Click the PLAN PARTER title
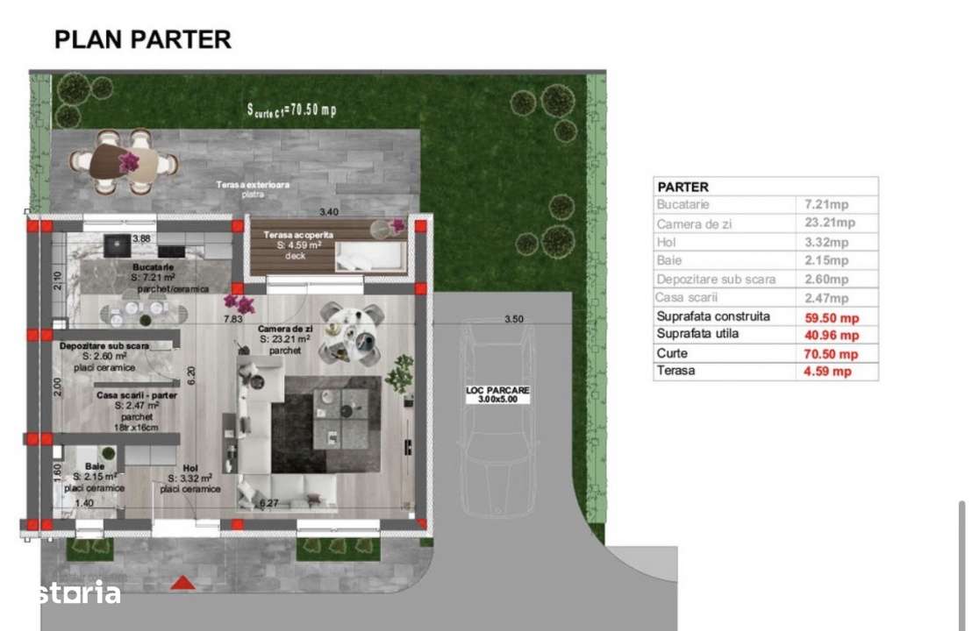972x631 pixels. (x=143, y=39)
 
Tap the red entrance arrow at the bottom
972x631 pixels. (x=182, y=582)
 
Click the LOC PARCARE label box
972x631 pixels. (x=498, y=394)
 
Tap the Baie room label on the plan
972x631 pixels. (x=95, y=466)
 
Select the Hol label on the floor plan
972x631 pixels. (x=190, y=468)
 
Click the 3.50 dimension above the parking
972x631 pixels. (x=513, y=319)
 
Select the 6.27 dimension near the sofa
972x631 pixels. (x=269, y=503)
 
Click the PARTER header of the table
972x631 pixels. (x=683, y=187)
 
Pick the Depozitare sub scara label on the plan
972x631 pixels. (x=104, y=346)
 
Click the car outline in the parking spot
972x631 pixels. (x=497, y=429)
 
